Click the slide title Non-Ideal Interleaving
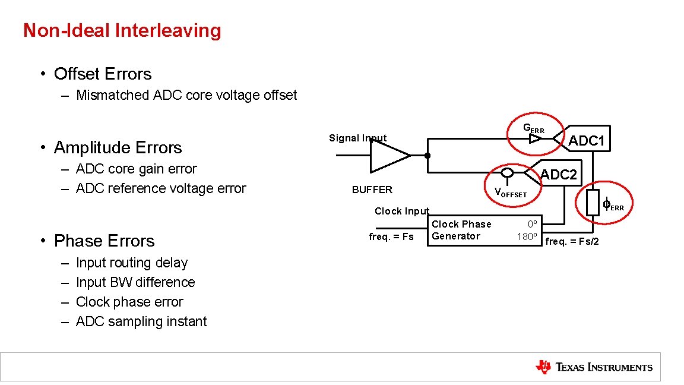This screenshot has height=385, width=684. (122, 30)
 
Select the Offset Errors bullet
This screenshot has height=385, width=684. (103, 74)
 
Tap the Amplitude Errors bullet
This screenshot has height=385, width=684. (118, 147)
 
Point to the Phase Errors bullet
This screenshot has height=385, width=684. (104, 241)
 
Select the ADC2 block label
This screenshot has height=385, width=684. (558, 175)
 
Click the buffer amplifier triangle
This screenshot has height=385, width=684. (388, 156)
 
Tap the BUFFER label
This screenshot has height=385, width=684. (372, 190)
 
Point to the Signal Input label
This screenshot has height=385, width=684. (357, 138)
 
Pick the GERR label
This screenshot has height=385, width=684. (533, 128)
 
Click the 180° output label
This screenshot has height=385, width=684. (527, 236)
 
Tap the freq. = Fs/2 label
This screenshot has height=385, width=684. (572, 241)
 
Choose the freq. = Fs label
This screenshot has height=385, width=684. (391, 236)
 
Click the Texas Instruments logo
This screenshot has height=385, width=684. (594, 367)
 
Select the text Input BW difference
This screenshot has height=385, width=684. (135, 282)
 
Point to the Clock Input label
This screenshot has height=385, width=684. (402, 212)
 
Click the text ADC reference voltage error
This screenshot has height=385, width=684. (161, 188)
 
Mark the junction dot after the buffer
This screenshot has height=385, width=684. (427, 156)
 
